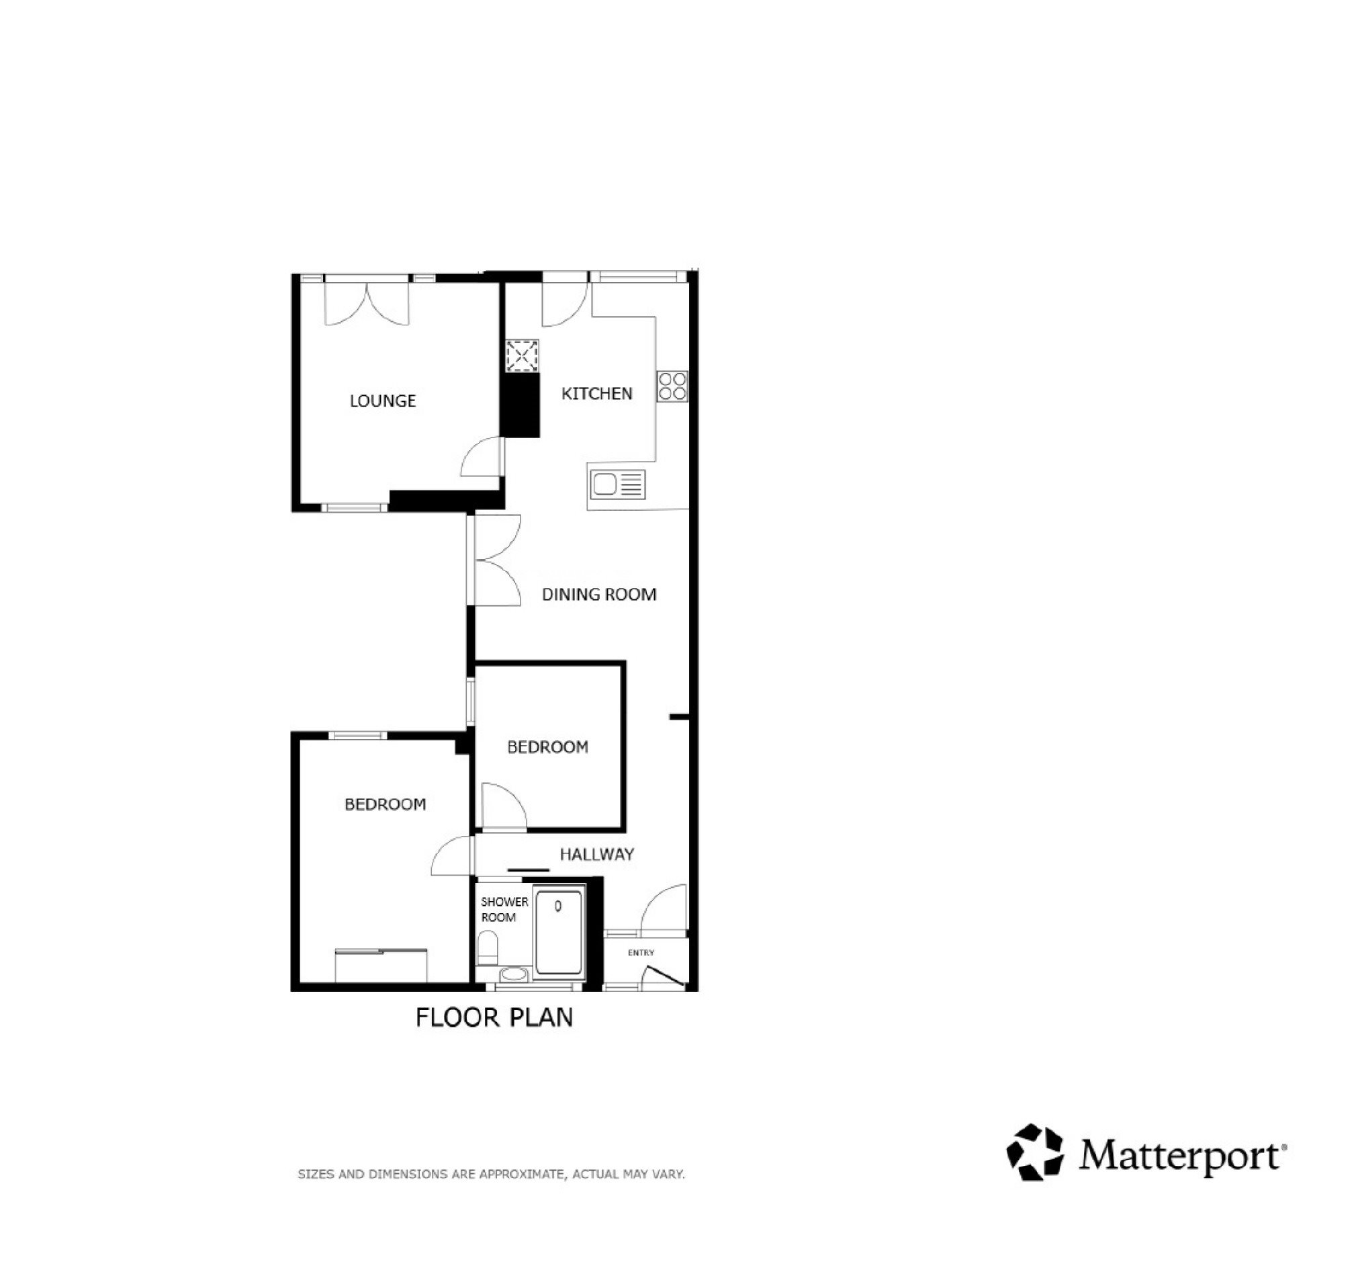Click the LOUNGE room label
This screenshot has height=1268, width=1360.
(x=382, y=401)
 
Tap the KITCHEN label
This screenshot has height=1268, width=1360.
(x=596, y=394)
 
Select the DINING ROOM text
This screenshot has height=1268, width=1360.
(x=598, y=595)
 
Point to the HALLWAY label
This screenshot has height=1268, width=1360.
(x=596, y=854)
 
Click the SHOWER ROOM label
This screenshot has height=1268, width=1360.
(x=504, y=909)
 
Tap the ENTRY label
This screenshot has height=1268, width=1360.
(x=641, y=953)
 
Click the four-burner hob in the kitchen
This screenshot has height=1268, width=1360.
(x=672, y=386)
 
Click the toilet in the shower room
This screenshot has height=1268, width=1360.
(x=488, y=947)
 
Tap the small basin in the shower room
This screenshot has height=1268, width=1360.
(x=513, y=974)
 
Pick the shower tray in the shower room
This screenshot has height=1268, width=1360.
(x=559, y=932)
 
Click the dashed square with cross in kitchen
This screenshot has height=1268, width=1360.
(x=522, y=356)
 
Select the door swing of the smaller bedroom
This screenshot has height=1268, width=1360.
(x=504, y=806)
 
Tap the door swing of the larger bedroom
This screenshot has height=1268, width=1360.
(x=452, y=855)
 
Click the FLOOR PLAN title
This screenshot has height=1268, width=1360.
(x=494, y=1017)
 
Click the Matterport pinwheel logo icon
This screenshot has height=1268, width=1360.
(x=1035, y=1152)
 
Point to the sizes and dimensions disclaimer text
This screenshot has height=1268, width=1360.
(x=491, y=1174)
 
